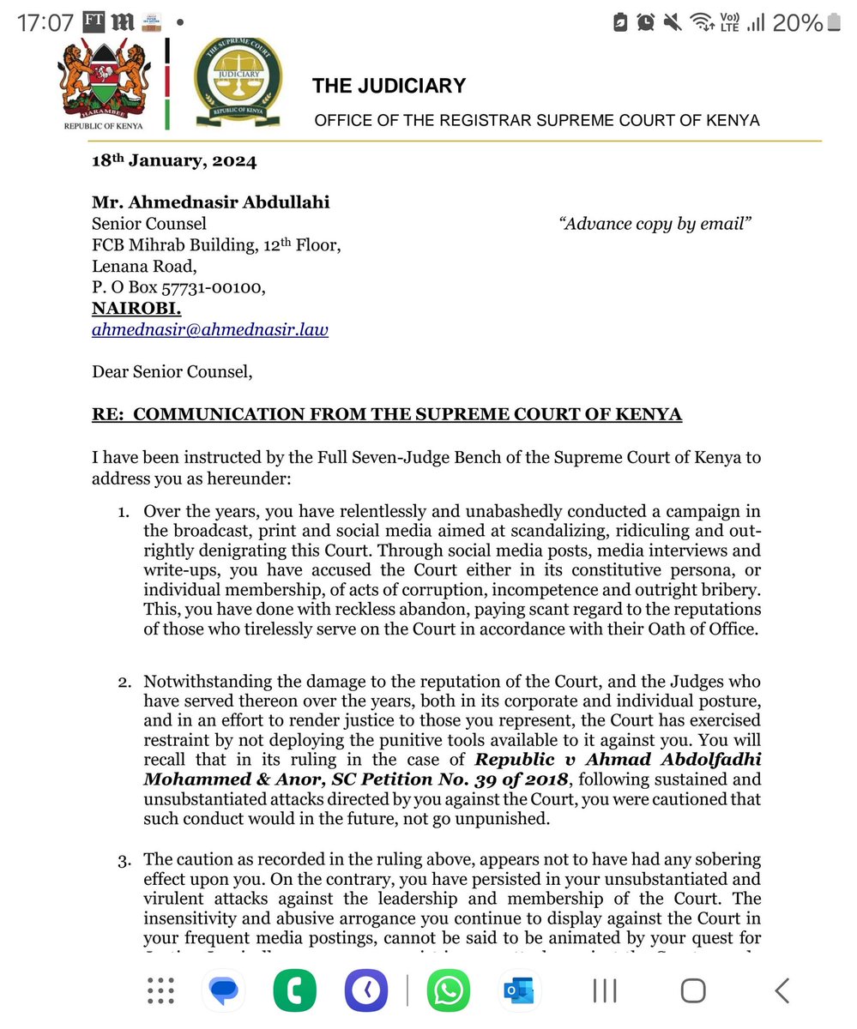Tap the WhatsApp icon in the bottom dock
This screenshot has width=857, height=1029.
pos(447,991)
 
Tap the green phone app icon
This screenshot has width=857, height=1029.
pos(294,991)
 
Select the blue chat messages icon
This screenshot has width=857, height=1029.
pos(224,991)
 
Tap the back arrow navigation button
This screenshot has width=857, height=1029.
pos(782,991)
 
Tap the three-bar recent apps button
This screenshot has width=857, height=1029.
pos(605,991)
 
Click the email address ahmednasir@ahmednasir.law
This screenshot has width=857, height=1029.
pos(209,329)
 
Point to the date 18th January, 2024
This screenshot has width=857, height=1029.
pos(174,160)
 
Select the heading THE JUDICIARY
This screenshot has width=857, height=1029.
pos(389,86)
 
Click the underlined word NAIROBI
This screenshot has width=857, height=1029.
pos(136,309)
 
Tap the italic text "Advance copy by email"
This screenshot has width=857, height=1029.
pos(655,225)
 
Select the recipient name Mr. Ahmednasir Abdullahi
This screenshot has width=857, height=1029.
pos(210,203)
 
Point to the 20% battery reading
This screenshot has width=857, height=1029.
pos(797,23)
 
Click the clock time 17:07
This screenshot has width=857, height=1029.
pos(45,23)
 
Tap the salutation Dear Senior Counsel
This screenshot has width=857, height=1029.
pos(172,372)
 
